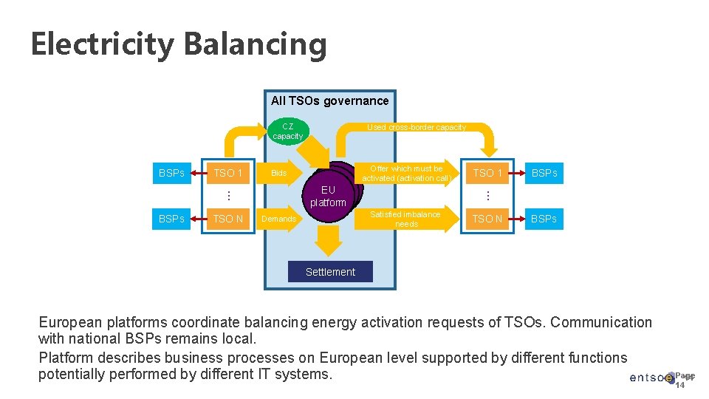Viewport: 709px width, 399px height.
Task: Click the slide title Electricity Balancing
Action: coord(179,44)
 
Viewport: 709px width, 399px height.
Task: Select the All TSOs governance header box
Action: coord(329,101)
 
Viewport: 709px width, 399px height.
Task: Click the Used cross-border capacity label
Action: coord(417,127)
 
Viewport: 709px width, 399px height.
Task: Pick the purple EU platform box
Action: coord(328,197)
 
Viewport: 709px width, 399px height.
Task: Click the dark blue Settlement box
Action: coord(330,272)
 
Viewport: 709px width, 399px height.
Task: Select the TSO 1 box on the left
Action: coord(227,173)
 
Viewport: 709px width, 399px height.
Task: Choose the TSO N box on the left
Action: coord(227,219)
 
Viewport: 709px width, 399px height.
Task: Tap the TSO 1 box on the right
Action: coord(487,173)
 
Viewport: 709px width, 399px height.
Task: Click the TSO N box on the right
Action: coord(487,219)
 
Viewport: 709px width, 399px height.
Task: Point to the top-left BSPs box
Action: coord(171,173)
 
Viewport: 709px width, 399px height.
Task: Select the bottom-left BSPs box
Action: coord(171,219)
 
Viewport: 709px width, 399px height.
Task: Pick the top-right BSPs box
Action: coord(544,173)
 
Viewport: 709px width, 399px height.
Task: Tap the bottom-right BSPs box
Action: coord(544,219)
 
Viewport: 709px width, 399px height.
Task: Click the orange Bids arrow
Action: coord(281,173)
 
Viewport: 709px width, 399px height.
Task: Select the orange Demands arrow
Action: coord(281,219)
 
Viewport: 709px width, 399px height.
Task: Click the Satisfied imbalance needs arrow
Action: coord(406,219)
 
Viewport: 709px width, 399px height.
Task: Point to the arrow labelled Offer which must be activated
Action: coord(406,173)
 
